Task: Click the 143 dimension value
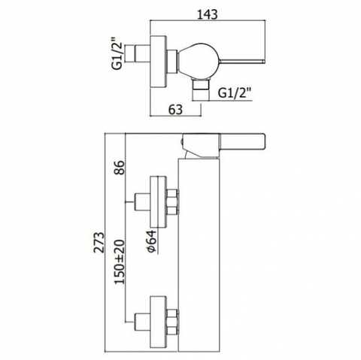point(208,14)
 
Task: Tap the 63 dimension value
point(175,110)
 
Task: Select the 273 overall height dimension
point(99,243)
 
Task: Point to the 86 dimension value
point(120,168)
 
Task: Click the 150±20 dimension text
point(120,262)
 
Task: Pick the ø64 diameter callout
point(152,241)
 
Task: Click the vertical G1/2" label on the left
point(117,53)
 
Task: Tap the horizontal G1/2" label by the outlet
point(235,93)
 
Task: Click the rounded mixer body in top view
point(199,62)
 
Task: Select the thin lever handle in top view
point(242,62)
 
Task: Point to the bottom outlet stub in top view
point(201,85)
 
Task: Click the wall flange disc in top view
point(158,62)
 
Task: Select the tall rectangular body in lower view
point(199,253)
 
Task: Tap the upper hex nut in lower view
point(172,202)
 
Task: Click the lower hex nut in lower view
point(172,322)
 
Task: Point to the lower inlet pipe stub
point(142,322)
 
